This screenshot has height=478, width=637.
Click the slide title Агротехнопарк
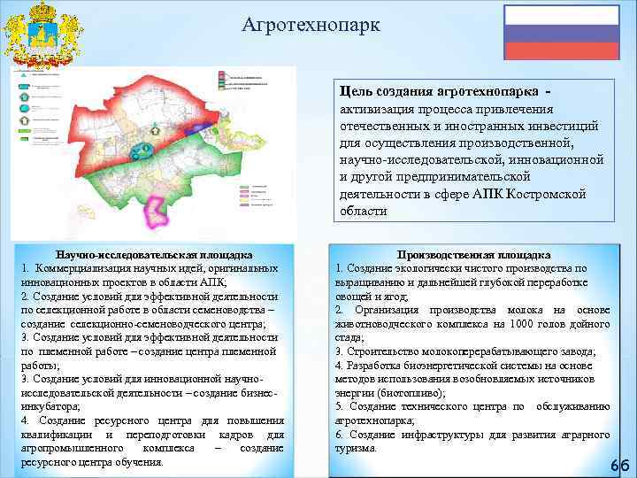311,25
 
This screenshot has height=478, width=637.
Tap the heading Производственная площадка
474,254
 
